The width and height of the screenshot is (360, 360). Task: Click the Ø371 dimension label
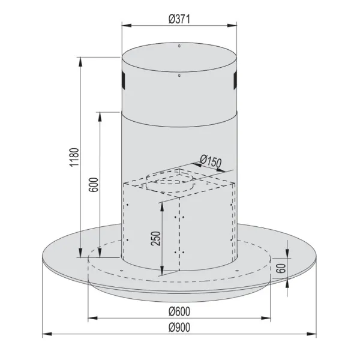pos(179,19)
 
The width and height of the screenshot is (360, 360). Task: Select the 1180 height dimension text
pos(74,157)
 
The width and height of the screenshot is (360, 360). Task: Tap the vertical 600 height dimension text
pos(94,184)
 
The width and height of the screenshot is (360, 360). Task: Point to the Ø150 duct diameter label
pos(211,161)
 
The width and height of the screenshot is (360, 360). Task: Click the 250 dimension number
pos(156,239)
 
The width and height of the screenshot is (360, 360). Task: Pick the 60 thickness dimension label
pos(282,268)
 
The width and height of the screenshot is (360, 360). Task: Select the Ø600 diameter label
pos(179,311)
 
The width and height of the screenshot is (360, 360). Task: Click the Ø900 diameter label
pos(179,328)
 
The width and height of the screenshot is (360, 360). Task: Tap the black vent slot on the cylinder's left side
pos(123,81)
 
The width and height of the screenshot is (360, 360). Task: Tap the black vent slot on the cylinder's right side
pos(235,81)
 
